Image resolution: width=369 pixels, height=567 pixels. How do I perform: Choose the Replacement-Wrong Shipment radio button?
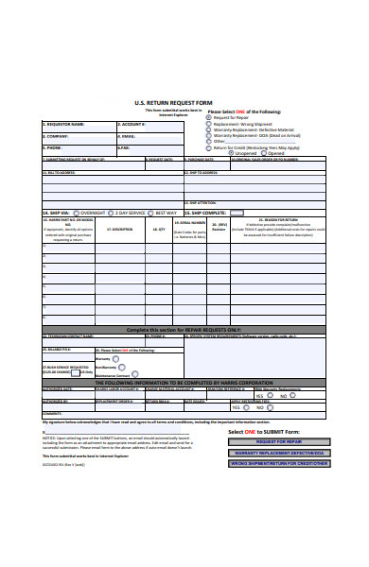tap(209, 124)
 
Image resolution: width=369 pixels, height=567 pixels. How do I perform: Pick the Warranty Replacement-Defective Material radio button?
tap(209, 130)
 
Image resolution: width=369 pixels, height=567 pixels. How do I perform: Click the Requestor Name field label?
tap(65, 124)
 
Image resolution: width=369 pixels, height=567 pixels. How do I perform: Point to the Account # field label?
tap(132, 124)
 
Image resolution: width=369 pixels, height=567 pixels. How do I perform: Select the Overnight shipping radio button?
tap(78, 213)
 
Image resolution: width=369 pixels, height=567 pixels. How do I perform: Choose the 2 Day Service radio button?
tap(114, 213)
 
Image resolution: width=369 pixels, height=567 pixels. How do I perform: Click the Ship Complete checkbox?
tap(234, 213)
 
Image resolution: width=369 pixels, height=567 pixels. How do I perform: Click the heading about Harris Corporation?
tap(184, 381)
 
